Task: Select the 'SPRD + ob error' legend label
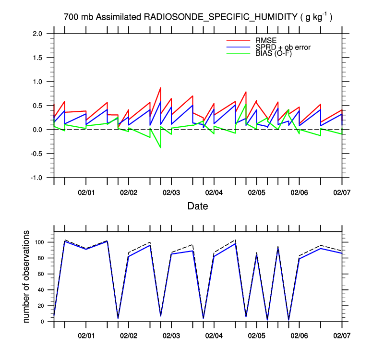click(283, 47)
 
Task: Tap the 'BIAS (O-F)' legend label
click(274, 53)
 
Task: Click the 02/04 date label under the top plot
click(214, 192)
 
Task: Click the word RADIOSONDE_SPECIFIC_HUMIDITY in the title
click(220, 17)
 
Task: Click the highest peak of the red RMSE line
click(160, 88)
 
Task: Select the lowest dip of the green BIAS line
click(160, 148)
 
